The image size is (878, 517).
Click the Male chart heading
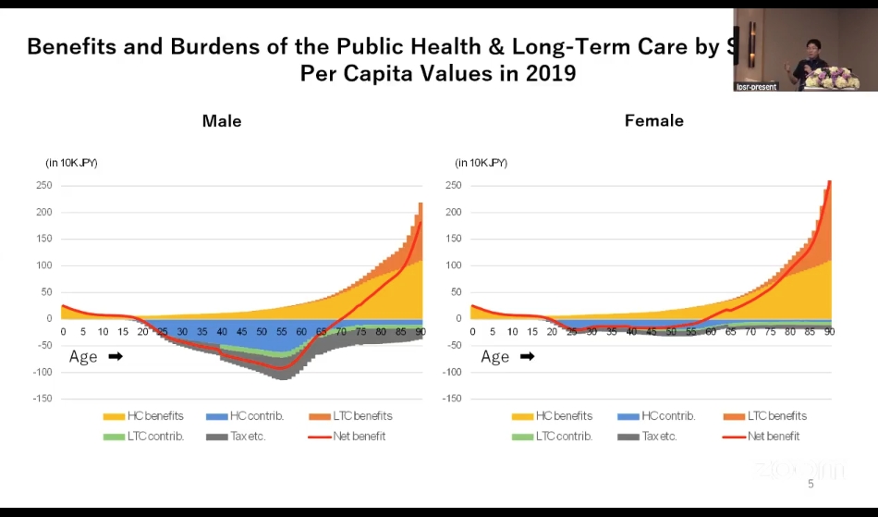[x=222, y=121]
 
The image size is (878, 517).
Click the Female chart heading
[x=654, y=121]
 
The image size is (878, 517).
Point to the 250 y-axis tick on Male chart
[x=43, y=185]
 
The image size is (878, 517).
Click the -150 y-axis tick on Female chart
[x=451, y=399]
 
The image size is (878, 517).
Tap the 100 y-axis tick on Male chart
[x=43, y=265]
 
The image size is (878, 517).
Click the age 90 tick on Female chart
[x=829, y=331]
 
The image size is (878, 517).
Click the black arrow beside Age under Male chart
[x=116, y=356]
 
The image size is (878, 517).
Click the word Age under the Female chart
[x=494, y=356]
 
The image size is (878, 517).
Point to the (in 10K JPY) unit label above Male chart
[x=71, y=163]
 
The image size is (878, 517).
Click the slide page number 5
[x=811, y=484]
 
